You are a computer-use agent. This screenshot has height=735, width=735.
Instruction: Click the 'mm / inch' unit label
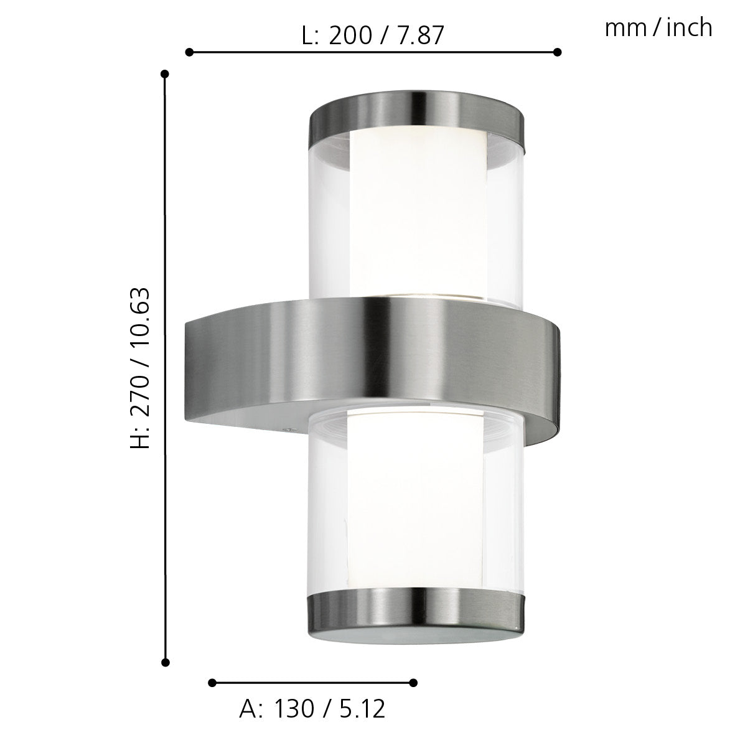(658, 28)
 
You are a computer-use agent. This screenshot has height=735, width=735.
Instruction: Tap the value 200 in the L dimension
(350, 36)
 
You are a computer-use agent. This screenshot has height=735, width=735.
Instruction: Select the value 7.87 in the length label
(422, 36)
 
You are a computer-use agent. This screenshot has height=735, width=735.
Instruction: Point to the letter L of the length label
(308, 36)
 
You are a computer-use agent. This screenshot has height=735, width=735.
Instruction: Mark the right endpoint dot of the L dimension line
(558, 52)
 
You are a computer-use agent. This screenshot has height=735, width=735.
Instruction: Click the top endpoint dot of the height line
(165, 74)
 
